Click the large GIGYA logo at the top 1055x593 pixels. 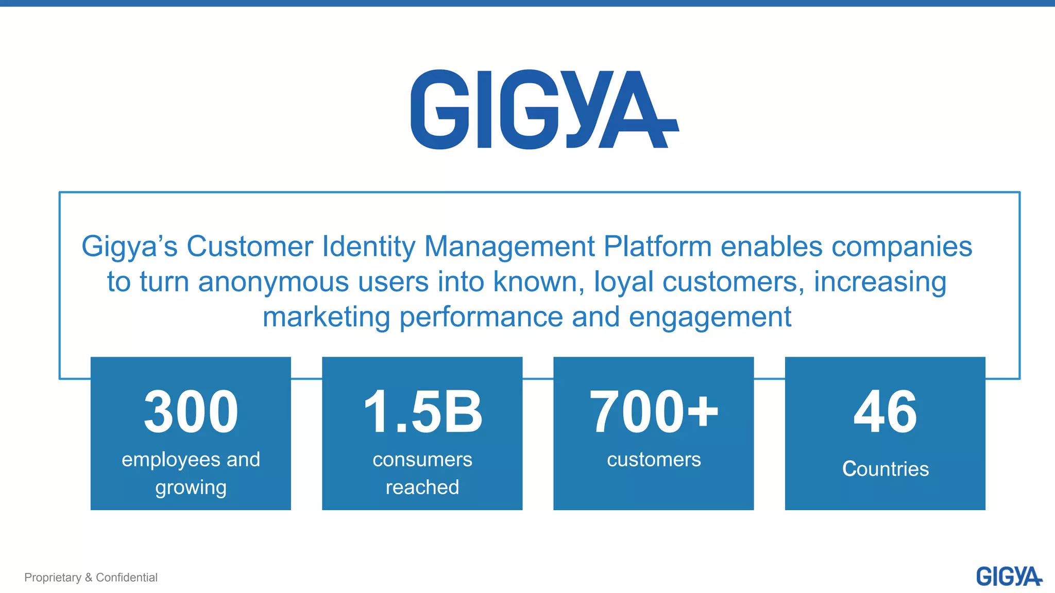pyautogui.click(x=544, y=109)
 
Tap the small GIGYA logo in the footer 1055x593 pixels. pyautogui.click(x=1009, y=577)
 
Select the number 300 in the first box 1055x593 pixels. pyautogui.click(x=191, y=412)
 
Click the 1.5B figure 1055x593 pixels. pyautogui.click(x=422, y=412)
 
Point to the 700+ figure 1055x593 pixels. pyautogui.click(x=653, y=412)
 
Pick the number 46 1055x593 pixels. pyautogui.click(x=885, y=412)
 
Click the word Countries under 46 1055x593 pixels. pyautogui.click(x=885, y=469)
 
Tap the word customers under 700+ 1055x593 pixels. pyautogui.click(x=654, y=459)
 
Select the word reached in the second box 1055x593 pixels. pyautogui.click(x=422, y=487)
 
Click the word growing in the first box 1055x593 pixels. pyautogui.click(x=191, y=487)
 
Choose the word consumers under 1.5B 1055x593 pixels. pyautogui.click(x=422, y=459)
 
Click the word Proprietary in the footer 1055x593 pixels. pyautogui.click(x=53, y=578)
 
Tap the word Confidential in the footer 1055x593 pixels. pyautogui.click(x=127, y=578)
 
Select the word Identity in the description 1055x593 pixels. pyautogui.click(x=368, y=247)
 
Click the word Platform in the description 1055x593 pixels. pyautogui.click(x=657, y=247)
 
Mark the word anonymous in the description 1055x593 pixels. pyautogui.click(x=274, y=282)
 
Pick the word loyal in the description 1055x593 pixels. pyautogui.click(x=624, y=282)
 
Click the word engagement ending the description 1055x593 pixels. pyautogui.click(x=710, y=317)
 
